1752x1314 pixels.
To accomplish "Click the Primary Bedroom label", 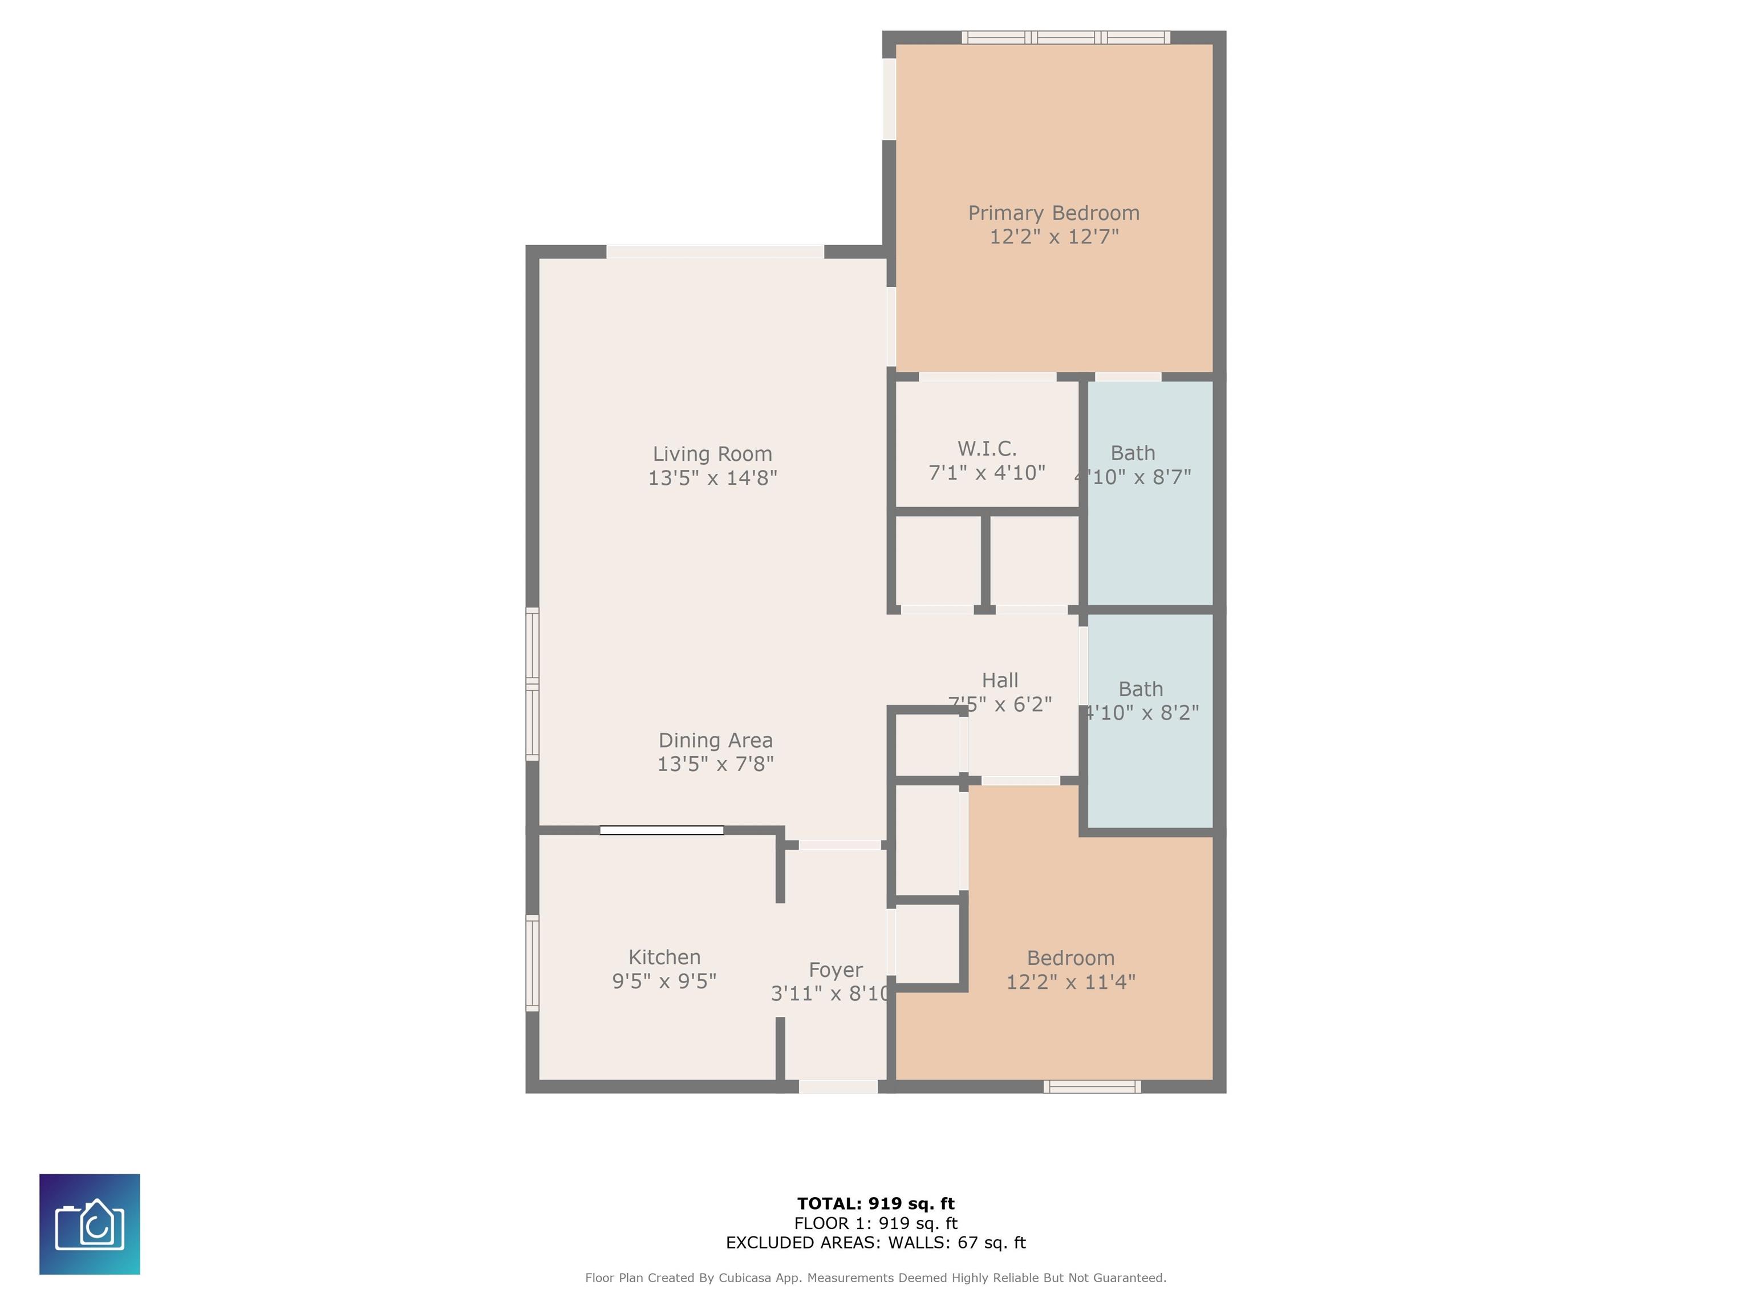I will point(1053,213).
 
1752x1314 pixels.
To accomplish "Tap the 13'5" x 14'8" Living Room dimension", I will point(712,477).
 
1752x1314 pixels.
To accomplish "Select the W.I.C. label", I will point(986,449).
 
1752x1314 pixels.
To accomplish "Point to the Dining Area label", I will point(715,741).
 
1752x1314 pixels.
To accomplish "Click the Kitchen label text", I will point(664,957).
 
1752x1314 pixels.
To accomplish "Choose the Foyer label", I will point(835,970).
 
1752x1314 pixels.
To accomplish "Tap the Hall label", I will point(1000,680).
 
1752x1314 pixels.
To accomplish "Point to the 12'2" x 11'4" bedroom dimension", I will point(1070,982).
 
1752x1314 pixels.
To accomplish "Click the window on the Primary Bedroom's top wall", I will point(1065,37).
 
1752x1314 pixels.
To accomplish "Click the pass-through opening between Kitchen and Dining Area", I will point(662,830).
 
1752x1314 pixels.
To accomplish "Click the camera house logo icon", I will point(90,1224).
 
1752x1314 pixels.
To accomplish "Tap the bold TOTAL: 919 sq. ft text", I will point(875,1204).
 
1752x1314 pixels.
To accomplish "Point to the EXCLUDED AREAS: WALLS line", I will point(875,1243).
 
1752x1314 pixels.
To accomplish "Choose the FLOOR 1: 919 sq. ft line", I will point(875,1224).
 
